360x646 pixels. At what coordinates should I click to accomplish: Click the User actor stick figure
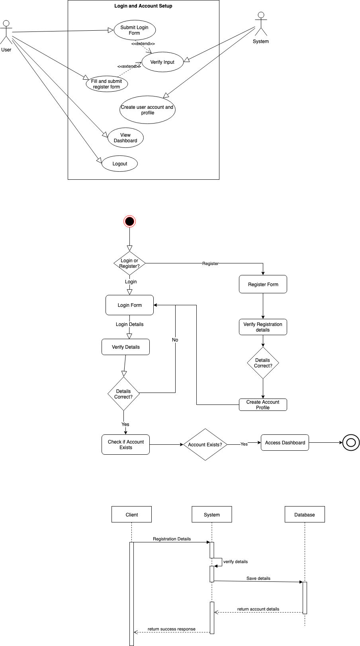[6, 31]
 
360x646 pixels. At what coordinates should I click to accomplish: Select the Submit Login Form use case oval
[134, 30]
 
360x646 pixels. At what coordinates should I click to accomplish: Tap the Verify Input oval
[162, 62]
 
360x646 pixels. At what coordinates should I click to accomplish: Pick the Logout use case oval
[119, 164]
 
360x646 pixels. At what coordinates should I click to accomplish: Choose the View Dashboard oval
[125, 138]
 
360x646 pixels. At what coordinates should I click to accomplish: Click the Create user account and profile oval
[147, 110]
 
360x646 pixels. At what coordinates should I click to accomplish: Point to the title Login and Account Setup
[143, 6]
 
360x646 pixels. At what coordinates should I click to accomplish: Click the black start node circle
[129, 221]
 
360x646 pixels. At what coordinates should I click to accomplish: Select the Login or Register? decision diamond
[129, 263]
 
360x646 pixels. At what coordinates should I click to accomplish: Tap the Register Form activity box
[263, 285]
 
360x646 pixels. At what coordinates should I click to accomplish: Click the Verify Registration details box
[263, 327]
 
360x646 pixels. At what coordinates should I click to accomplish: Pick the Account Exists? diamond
[205, 444]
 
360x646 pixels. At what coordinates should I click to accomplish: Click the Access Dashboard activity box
[285, 443]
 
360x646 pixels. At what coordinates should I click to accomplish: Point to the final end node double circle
[351, 443]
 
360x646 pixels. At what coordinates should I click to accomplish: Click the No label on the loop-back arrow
[175, 340]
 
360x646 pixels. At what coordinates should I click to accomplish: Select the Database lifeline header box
[305, 514]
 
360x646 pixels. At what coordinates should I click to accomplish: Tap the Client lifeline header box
[131, 514]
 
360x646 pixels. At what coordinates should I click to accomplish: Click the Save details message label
[258, 578]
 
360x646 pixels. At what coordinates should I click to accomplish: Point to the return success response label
[171, 629]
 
